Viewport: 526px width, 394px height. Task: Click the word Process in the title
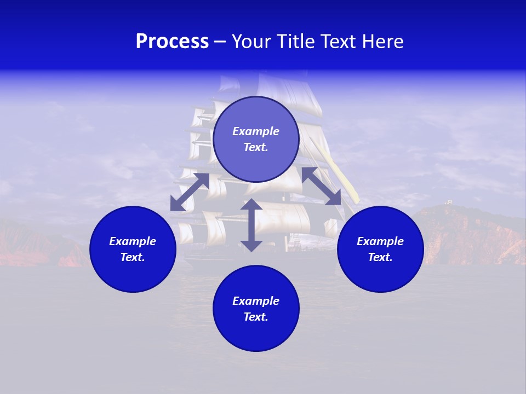172,42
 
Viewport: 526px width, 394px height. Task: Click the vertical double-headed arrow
251,225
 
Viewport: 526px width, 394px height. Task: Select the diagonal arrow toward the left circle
190,192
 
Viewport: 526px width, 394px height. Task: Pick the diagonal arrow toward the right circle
321,186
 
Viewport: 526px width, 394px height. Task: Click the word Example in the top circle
256,131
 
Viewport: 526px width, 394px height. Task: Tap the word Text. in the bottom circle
256,317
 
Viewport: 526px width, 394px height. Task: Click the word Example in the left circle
133,241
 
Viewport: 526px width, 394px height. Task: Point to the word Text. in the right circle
380,257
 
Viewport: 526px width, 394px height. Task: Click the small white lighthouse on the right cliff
449,202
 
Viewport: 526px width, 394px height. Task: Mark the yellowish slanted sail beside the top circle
342,170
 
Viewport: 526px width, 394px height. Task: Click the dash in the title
220,42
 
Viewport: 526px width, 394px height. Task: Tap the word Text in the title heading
336,42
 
